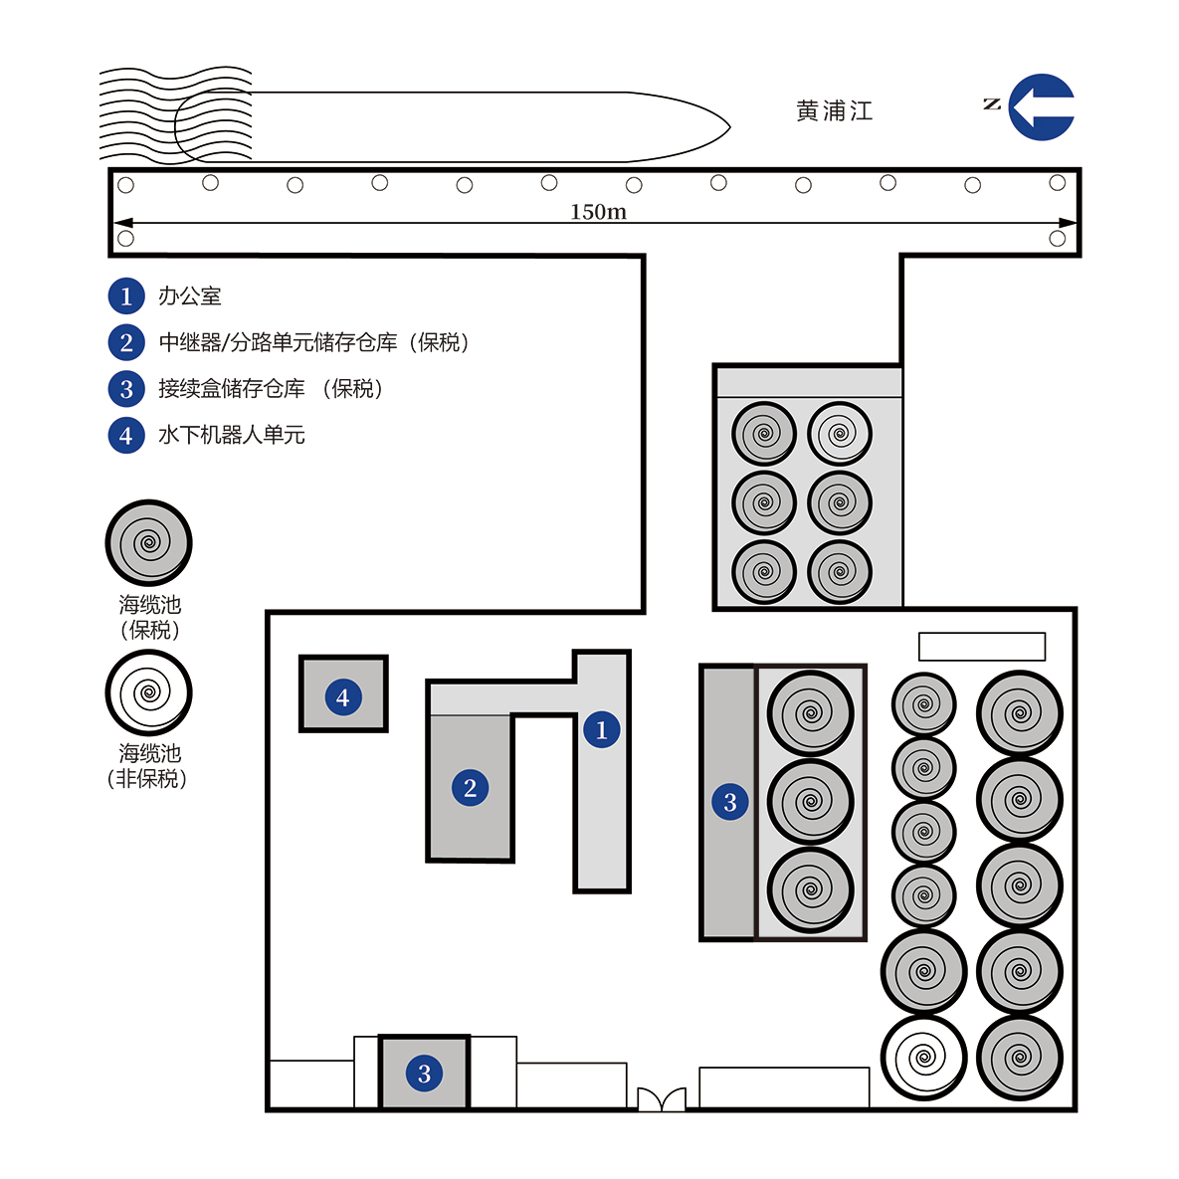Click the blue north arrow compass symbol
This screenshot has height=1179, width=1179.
click(x=1042, y=106)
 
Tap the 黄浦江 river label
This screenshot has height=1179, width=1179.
click(x=835, y=111)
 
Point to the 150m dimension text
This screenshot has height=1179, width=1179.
click(x=598, y=211)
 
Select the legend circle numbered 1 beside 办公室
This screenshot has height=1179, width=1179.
click(x=126, y=295)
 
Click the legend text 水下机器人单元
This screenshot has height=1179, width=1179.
click(x=232, y=435)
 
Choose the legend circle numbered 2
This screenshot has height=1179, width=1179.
click(x=126, y=342)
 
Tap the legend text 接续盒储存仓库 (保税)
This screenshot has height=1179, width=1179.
click(x=271, y=388)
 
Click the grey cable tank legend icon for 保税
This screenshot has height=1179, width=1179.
click(x=149, y=543)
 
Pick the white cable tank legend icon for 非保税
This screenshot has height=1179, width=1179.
click(x=149, y=692)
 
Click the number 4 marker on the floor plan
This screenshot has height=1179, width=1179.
click(x=343, y=697)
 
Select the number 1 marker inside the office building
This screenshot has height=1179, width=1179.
click(x=602, y=729)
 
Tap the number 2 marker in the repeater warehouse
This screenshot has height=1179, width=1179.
click(x=470, y=787)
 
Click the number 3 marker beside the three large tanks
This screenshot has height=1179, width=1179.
click(x=730, y=802)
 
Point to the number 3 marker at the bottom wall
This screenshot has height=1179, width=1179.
click(x=424, y=1073)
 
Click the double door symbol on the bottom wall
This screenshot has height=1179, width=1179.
click(x=662, y=1098)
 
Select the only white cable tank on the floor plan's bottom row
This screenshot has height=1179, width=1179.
click(x=924, y=1058)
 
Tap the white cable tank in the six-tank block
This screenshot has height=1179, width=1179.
click(x=840, y=434)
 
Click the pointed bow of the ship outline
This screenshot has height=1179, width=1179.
click(x=729, y=127)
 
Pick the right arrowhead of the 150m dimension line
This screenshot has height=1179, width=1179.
click(x=1068, y=223)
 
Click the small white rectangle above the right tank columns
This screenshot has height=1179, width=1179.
click(x=982, y=646)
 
